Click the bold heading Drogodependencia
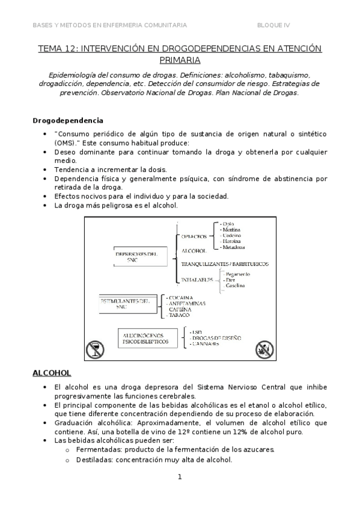pyautogui.click(x=67, y=120)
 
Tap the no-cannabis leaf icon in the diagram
pyautogui.click(x=263, y=348)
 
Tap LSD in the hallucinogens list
pyautogui.click(x=195, y=331)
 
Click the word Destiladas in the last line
pyautogui.click(x=95, y=459)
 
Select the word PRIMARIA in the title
pyautogui.click(x=179, y=60)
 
